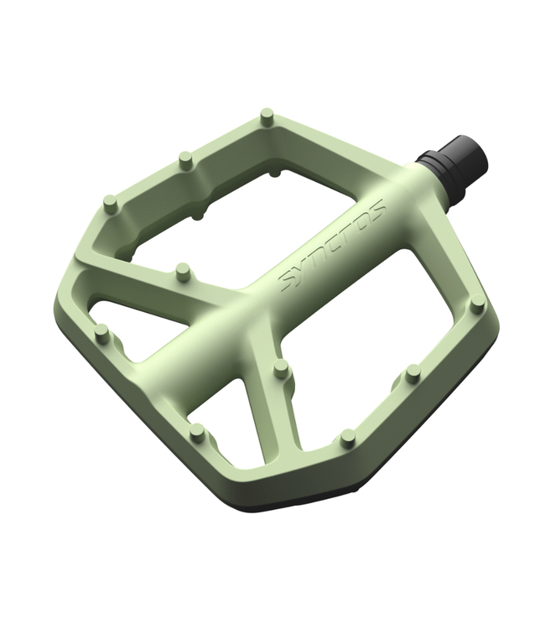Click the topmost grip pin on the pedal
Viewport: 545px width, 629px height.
267,117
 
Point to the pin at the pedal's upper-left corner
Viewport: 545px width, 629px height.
109,203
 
